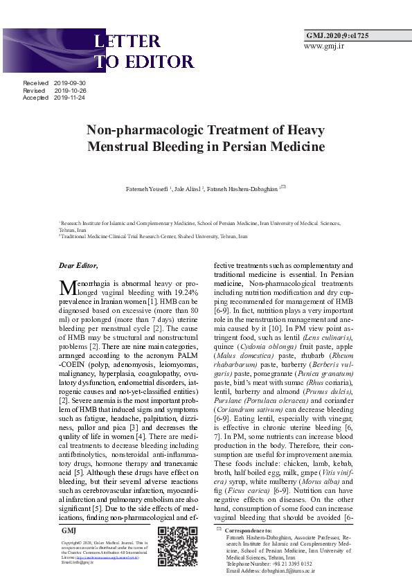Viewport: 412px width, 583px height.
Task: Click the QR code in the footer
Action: [x=177, y=547]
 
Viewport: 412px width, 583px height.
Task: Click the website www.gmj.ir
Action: [x=323, y=46]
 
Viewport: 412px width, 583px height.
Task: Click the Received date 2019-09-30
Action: [x=70, y=83]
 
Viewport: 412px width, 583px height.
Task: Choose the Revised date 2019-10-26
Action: [x=70, y=91]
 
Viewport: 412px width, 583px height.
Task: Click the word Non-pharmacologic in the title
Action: [x=141, y=130]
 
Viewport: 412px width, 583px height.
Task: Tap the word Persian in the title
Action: [x=247, y=147]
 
